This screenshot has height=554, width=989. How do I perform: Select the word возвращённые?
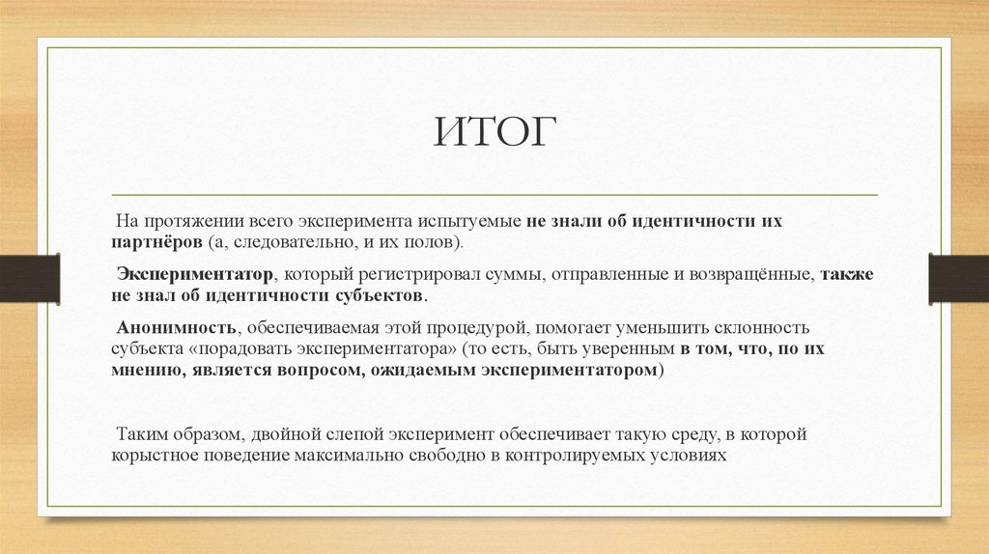[x=744, y=274]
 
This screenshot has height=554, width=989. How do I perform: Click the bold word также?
[x=847, y=274]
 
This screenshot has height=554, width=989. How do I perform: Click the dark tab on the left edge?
[x=29, y=276]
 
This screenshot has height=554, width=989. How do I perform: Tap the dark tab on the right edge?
[x=958, y=276]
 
